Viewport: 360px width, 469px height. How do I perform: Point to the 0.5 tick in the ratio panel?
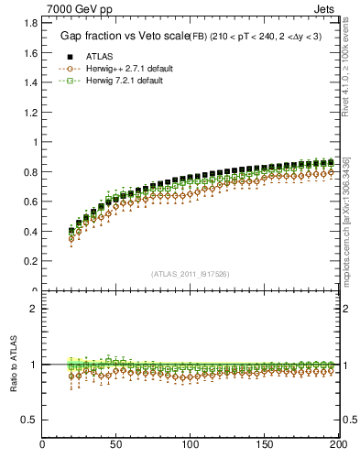click(x=31, y=420)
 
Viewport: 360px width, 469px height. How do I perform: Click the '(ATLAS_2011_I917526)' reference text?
click(x=191, y=274)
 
